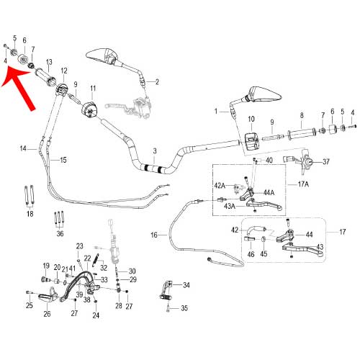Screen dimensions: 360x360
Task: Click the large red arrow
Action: click(19, 87)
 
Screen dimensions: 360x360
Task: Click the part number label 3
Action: click(155, 151)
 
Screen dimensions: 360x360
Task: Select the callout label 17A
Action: click(303, 184)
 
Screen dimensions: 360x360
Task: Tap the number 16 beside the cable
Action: click(154, 235)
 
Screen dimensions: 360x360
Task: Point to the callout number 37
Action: click(325, 161)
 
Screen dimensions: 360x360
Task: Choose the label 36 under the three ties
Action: click(60, 233)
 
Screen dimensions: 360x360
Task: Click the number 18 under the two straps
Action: click(30, 214)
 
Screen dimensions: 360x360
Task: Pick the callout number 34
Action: click(186, 285)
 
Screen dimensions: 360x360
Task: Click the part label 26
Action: click(47, 313)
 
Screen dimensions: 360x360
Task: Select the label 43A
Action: click(230, 206)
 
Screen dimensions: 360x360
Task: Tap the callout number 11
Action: click(93, 89)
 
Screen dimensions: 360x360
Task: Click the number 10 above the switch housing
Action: click(251, 119)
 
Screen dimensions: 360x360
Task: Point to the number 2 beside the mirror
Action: click(157, 82)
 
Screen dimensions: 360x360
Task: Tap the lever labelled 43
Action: click(303, 250)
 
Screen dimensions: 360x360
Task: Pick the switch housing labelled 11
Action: click(89, 110)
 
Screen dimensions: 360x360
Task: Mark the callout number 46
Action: click(251, 254)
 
